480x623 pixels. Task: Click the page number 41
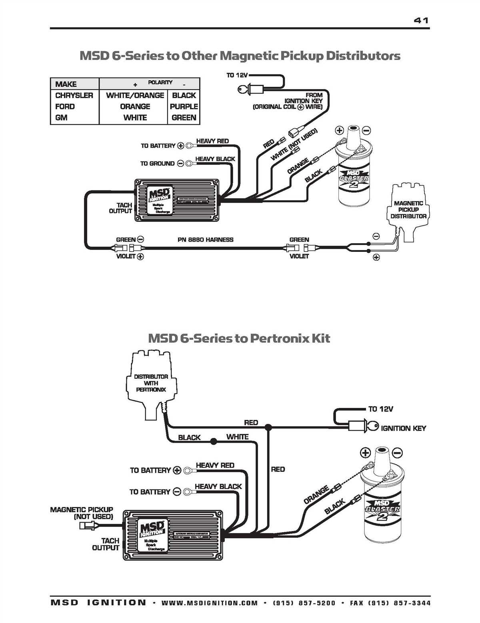point(421,20)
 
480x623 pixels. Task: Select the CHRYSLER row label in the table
point(74,95)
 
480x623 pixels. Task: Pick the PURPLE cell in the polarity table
point(184,106)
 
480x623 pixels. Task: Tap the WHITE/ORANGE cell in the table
point(135,95)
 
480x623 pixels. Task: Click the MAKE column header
point(66,84)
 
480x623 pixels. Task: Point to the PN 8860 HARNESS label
point(205,240)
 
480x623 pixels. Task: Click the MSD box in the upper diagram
point(176,200)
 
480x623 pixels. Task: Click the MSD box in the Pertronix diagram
point(172,535)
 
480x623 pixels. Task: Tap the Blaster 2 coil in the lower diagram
point(382,506)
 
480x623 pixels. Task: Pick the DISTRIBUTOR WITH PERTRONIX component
point(151,384)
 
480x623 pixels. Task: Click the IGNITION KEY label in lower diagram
point(403,428)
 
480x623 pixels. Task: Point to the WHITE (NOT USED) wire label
point(294,145)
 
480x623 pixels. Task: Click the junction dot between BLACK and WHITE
point(214,441)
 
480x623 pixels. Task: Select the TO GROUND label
point(157,163)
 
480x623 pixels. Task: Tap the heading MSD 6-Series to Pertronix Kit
point(239,338)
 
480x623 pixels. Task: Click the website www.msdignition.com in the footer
point(210,603)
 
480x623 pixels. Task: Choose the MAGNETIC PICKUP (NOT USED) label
point(82,513)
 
